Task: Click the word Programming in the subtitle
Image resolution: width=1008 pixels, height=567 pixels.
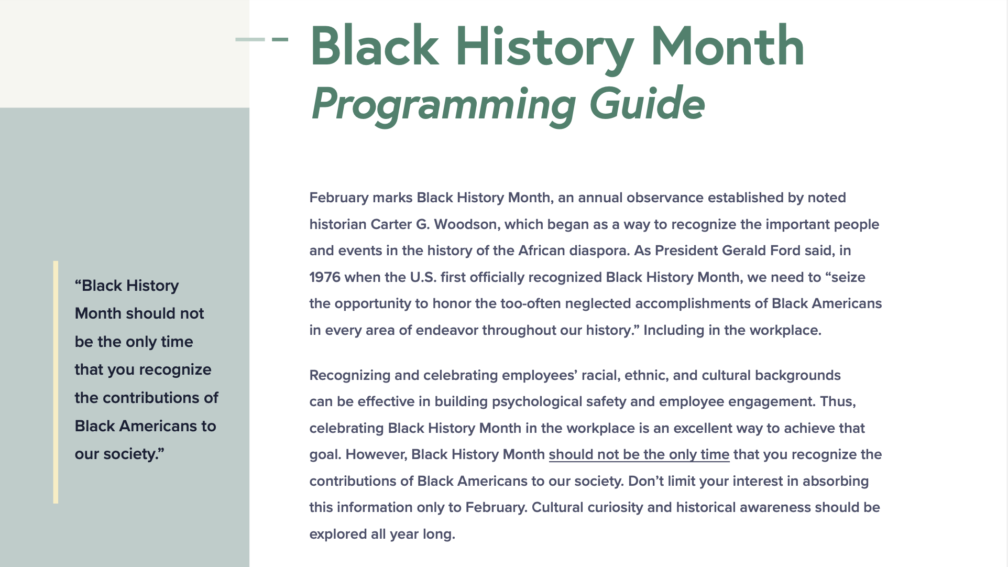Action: (x=443, y=104)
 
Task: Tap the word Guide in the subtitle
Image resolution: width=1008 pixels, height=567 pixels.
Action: (x=647, y=103)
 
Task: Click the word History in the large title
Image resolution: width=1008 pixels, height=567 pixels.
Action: (x=544, y=47)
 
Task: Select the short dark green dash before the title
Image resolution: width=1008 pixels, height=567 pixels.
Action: (x=280, y=39)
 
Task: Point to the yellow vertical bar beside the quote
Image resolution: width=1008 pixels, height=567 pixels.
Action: (x=56, y=382)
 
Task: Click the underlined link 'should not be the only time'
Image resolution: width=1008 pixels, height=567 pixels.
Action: (x=639, y=454)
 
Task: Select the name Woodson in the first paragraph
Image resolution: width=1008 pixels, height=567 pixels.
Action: (x=465, y=224)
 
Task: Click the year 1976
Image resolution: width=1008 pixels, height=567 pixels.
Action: (x=324, y=277)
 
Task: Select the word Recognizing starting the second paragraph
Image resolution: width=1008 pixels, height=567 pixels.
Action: (x=349, y=375)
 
